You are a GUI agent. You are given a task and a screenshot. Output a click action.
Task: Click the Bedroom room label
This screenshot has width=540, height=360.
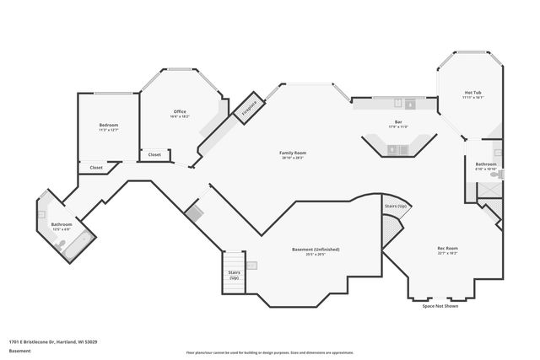coord(109,125)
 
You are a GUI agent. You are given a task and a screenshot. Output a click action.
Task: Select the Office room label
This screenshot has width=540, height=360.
coord(180,111)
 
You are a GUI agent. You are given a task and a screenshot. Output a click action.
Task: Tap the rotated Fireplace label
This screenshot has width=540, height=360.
coord(250,107)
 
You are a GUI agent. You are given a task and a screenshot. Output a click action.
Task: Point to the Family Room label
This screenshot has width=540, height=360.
coord(293,153)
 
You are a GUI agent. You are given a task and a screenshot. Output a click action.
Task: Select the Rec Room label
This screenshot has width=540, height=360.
coord(446,248)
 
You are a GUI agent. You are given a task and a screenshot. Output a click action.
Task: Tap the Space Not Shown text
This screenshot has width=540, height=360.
coord(440,306)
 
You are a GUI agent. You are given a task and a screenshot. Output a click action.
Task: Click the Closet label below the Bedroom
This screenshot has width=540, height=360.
coord(96,168)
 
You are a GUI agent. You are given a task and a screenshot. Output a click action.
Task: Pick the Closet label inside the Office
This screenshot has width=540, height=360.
coord(154,154)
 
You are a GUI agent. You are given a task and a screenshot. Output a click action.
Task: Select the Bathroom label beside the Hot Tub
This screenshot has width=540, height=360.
coord(485,164)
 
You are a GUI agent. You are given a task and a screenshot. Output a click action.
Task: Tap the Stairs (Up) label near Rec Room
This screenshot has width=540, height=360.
coord(396,206)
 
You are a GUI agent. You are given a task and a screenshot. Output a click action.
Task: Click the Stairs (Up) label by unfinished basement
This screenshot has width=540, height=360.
coord(234,275)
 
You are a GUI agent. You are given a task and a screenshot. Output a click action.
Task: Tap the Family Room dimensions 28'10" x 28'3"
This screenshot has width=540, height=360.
coord(293,158)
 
